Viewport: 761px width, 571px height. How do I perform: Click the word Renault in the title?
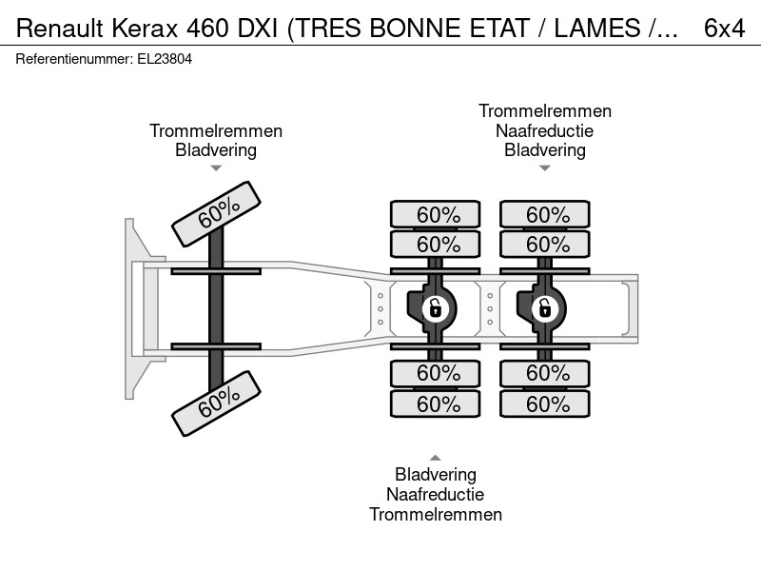point(60,29)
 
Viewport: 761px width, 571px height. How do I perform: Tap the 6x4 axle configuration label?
point(724,29)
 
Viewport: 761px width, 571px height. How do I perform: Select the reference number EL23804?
point(165,59)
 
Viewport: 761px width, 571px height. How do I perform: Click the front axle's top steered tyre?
point(217,214)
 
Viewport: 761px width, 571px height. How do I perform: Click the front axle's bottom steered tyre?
point(217,404)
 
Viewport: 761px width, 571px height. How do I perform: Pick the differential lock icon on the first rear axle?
point(435,308)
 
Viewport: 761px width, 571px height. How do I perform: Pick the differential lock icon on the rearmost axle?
point(544,308)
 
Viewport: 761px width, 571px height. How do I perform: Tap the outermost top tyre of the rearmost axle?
point(545,214)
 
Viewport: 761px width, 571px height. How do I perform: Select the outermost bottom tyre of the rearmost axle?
point(545,404)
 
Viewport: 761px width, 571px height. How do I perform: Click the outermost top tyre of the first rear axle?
point(436,214)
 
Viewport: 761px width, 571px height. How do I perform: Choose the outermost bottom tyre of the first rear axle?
point(436,404)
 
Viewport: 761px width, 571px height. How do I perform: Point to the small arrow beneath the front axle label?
point(216,168)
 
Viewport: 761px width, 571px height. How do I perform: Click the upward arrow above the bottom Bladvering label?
point(436,458)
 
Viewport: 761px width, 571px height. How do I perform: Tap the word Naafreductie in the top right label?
point(544,130)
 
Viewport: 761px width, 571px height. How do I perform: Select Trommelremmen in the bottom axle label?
point(436,514)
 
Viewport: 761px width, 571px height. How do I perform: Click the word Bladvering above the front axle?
point(216,150)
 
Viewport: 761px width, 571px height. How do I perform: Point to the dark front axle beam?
point(216,308)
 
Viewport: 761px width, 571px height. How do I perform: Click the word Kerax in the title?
point(146,29)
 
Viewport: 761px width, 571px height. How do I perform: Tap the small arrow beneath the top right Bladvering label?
point(544,168)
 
